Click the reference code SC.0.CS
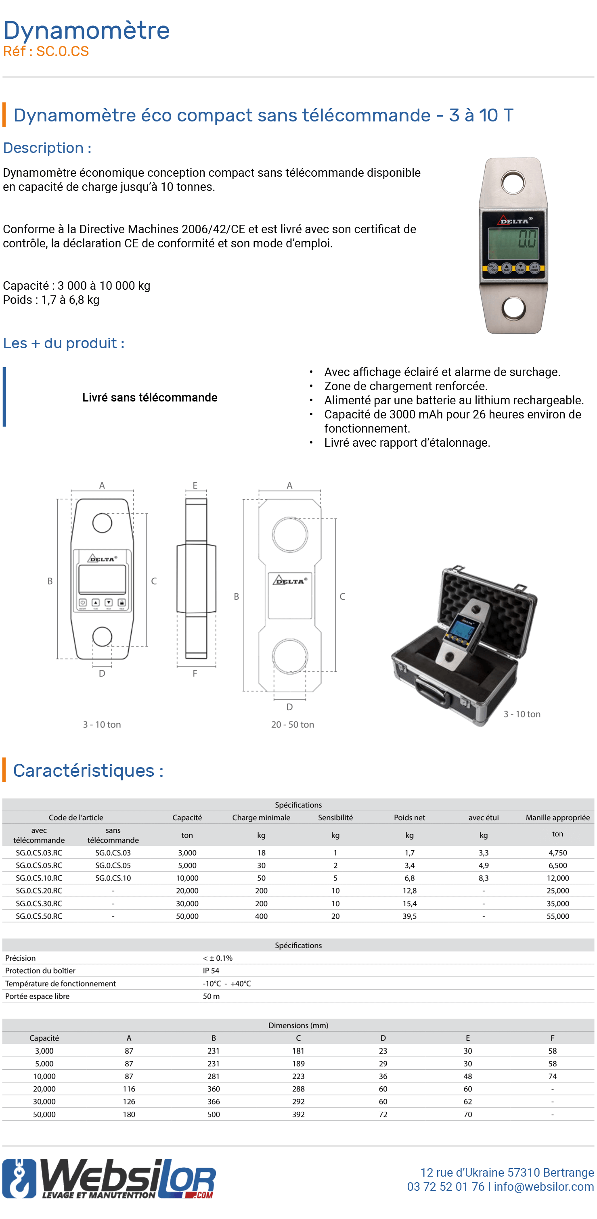pyautogui.click(x=62, y=51)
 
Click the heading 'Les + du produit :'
pyautogui.click(x=63, y=343)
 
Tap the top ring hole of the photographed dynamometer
pyautogui.click(x=513, y=183)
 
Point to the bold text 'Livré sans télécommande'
pyautogui.click(x=150, y=397)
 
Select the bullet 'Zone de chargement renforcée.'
pyautogui.click(x=405, y=386)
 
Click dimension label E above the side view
pyautogui.click(x=195, y=485)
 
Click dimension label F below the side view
pyautogui.click(x=195, y=673)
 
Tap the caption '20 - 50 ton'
pyautogui.click(x=292, y=724)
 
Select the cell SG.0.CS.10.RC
pyautogui.click(x=39, y=878)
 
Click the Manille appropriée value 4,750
pyautogui.click(x=557, y=853)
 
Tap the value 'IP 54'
pyautogui.click(x=211, y=970)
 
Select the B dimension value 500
pyautogui.click(x=214, y=1114)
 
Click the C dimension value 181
pyautogui.click(x=298, y=1051)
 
